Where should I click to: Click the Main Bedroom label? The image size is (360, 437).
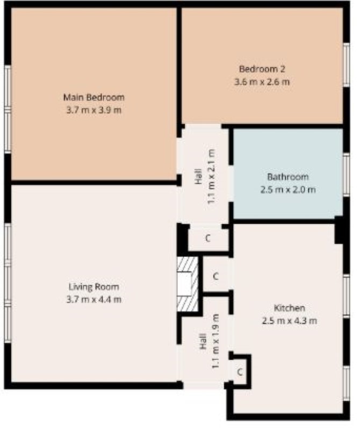[x=93, y=97]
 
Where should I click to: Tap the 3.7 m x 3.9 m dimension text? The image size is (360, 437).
[x=93, y=110]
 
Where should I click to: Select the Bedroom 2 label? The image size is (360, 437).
[x=262, y=69]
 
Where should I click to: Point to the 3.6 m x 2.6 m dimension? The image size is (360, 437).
[x=262, y=82]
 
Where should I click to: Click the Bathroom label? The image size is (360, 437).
[x=288, y=177]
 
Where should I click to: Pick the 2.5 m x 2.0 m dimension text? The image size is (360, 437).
[x=288, y=190]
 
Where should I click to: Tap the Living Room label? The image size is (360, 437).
[x=93, y=286]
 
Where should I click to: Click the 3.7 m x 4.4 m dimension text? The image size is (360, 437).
[x=93, y=299]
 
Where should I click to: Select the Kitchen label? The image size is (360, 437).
[x=290, y=308]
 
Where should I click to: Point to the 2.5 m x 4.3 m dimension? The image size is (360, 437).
[x=290, y=321]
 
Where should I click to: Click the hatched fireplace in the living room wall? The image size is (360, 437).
[x=188, y=284]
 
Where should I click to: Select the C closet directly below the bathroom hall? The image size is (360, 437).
[x=208, y=238]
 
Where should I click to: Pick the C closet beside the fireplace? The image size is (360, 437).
[x=215, y=276]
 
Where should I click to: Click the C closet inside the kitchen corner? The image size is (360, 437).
[x=240, y=372]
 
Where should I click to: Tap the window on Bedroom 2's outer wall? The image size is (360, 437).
[x=346, y=65]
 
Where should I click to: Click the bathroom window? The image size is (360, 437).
[x=346, y=175]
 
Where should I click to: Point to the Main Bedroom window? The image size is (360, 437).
[x=8, y=109]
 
